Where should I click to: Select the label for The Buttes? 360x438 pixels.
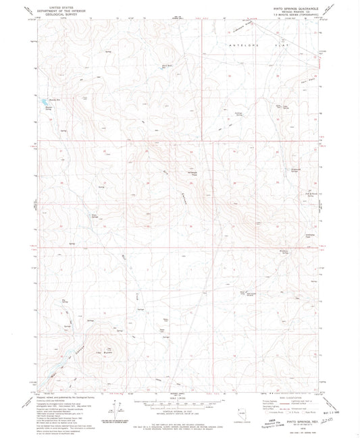click(101, 355)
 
